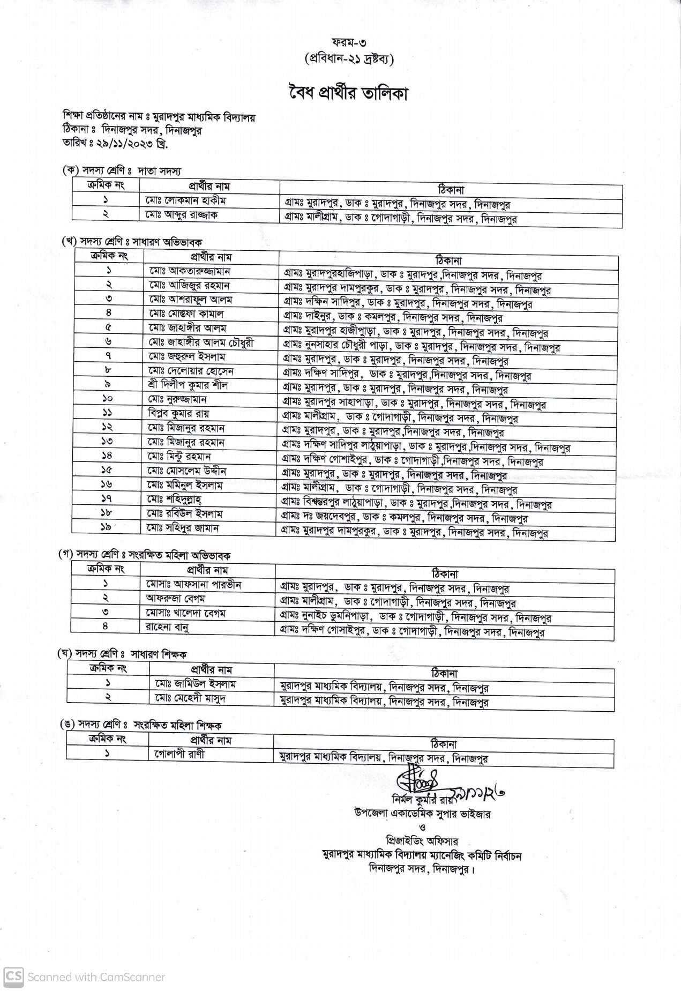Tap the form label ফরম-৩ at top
[x=345, y=42]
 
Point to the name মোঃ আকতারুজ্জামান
[x=190, y=271]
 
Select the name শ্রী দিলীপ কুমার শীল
[x=189, y=385]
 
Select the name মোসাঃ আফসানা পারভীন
[x=193, y=584]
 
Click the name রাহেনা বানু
[x=167, y=626]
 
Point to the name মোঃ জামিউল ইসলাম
[x=193, y=683]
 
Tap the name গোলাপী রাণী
[x=177, y=754]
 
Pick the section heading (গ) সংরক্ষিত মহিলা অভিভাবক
[x=145, y=555]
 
